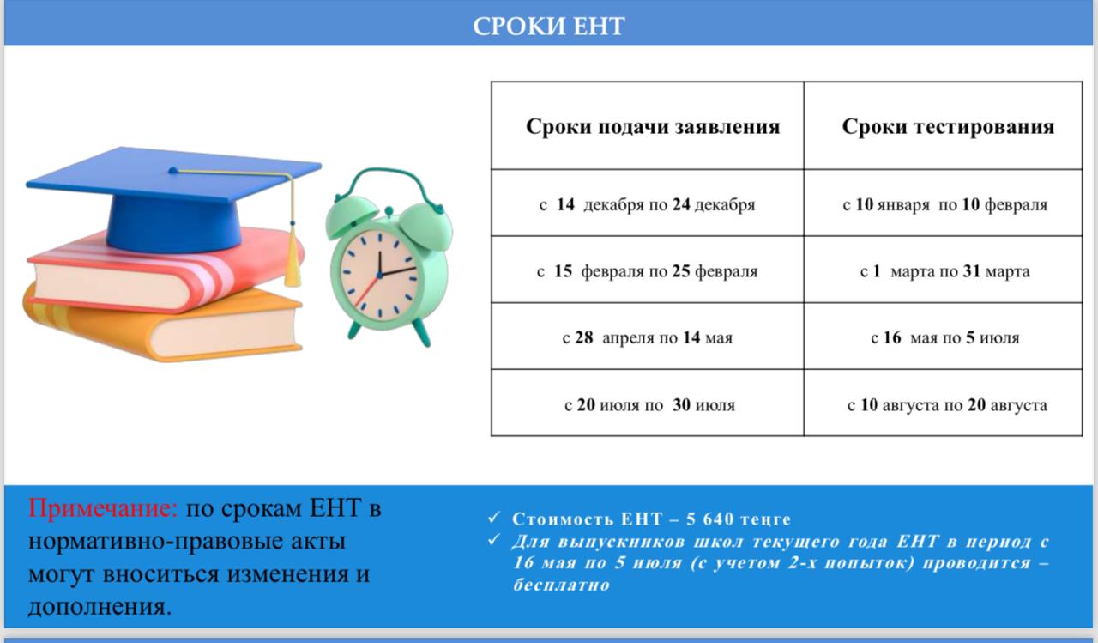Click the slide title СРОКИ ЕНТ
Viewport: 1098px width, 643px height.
[x=549, y=26]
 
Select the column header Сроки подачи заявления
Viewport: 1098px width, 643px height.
[x=653, y=127]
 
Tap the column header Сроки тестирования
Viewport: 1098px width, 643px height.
[x=948, y=127]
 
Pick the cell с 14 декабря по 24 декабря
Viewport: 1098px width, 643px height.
[x=648, y=205]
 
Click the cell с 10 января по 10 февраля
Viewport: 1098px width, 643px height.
[x=944, y=205]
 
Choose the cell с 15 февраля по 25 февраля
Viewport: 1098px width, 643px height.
[x=648, y=271]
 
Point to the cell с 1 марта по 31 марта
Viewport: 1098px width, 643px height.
[x=944, y=271]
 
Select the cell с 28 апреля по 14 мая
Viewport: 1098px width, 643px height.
[x=648, y=337]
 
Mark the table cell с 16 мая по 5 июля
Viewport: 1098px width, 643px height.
[x=944, y=337]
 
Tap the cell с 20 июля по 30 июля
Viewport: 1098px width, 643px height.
[x=649, y=404]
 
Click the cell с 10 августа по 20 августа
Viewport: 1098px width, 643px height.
[x=947, y=404]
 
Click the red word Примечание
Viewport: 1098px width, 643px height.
[x=103, y=508]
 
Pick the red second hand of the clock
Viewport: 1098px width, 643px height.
[x=367, y=292]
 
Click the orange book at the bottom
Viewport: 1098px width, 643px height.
[x=163, y=331]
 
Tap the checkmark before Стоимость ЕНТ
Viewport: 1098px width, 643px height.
[x=493, y=519]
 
